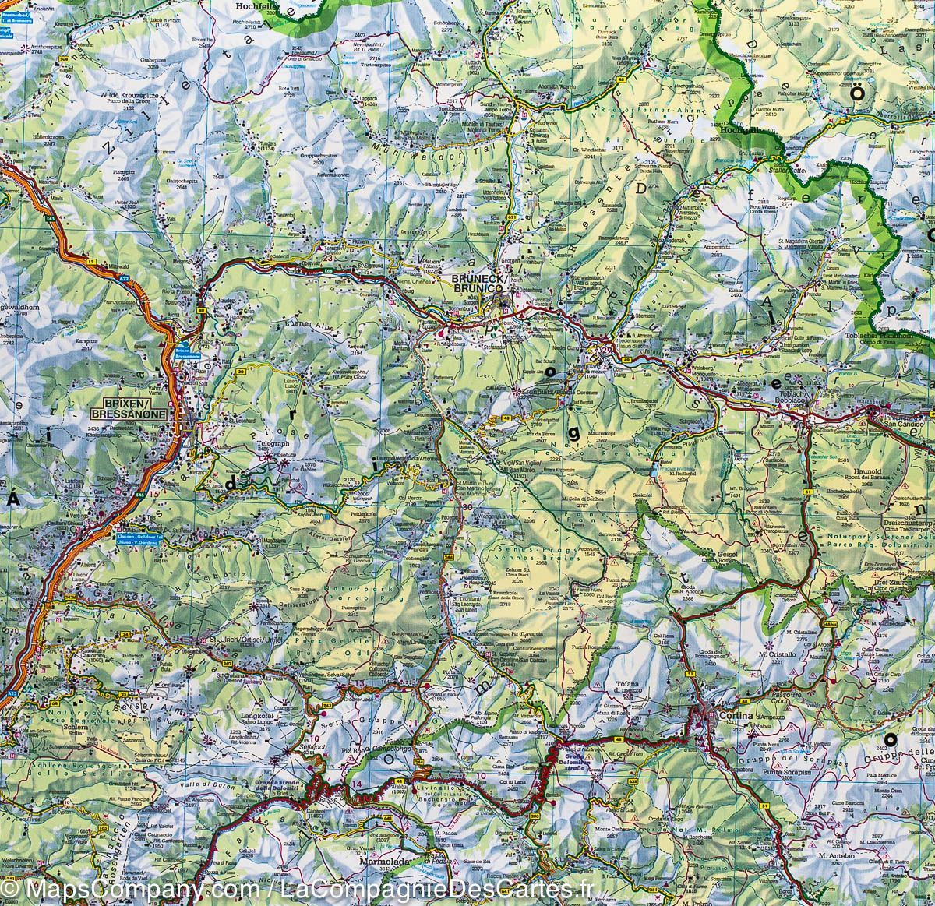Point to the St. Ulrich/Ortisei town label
point(234,641)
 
